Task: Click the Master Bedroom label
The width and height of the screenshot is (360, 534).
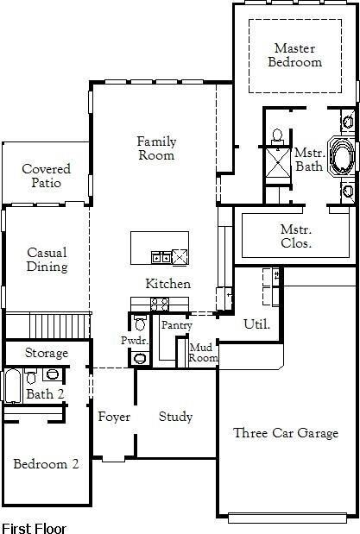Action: [294, 55]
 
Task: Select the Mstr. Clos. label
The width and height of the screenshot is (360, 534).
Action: [296, 236]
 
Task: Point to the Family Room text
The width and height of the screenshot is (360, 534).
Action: [155, 148]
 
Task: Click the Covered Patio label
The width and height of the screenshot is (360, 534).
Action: [46, 176]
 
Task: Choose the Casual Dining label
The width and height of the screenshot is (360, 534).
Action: [47, 260]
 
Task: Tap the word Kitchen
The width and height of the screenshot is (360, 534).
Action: [167, 284]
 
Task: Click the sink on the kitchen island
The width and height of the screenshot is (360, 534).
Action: [161, 256]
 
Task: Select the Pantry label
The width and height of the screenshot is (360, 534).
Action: [176, 325]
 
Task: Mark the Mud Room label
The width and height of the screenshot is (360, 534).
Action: [203, 352]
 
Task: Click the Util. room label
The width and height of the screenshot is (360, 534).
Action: [256, 324]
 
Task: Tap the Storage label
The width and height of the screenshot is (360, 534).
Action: [46, 354]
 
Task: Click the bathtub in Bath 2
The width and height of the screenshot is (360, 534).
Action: [12, 386]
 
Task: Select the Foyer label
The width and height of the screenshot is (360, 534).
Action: [113, 417]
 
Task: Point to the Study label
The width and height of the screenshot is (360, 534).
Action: [175, 417]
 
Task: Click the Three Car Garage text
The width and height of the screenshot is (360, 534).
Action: [286, 433]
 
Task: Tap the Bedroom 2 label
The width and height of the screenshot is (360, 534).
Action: [46, 463]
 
